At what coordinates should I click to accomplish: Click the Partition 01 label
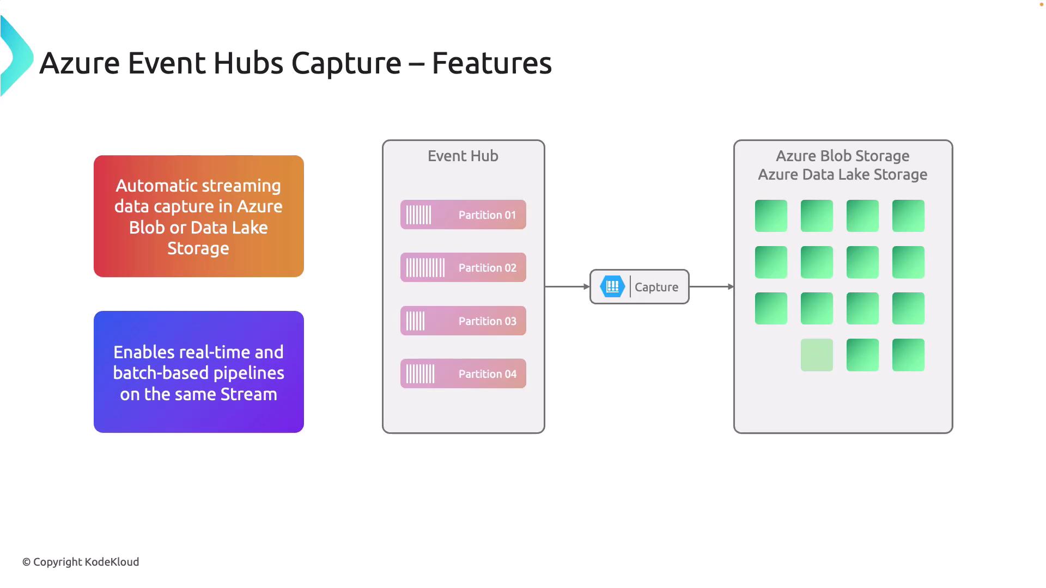[x=487, y=215]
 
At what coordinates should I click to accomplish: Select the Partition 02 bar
[x=463, y=267]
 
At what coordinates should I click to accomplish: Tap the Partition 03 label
[x=487, y=321]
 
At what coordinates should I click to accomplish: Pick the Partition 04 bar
[x=463, y=373]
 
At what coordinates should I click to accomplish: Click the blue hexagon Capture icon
[x=612, y=286]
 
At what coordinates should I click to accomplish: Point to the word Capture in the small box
[x=656, y=287]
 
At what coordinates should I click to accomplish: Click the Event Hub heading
[x=463, y=156]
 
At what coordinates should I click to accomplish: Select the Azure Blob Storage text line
[x=842, y=156]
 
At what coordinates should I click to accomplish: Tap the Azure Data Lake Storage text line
[x=842, y=175]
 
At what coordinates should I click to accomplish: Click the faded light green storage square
[x=817, y=355]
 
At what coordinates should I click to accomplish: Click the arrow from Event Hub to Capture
[x=567, y=286]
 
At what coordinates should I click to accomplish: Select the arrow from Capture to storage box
[x=711, y=286]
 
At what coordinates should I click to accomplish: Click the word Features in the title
[x=491, y=63]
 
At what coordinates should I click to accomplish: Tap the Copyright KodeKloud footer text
[x=81, y=562]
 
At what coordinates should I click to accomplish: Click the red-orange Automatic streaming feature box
[x=199, y=216]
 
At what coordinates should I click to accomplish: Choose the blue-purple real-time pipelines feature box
[x=199, y=372]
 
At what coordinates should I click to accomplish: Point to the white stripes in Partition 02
[x=425, y=268]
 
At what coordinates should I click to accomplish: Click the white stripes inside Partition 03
[x=415, y=321]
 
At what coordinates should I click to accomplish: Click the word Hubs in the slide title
[x=248, y=63]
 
